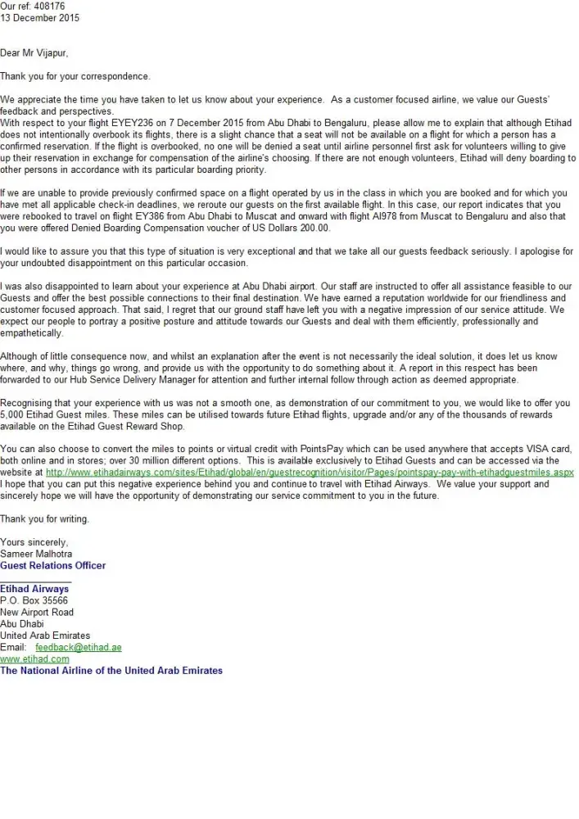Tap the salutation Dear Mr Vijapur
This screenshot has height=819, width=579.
pyautogui.click(x=34, y=53)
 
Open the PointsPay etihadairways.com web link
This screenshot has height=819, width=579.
pyautogui.click(x=310, y=473)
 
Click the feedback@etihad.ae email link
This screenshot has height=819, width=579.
pyautogui.click(x=79, y=647)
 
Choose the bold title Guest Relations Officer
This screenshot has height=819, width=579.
pyautogui.click(x=52, y=565)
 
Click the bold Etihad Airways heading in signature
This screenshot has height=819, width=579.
pyautogui.click(x=34, y=589)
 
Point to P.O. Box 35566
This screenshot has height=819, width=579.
pyautogui.click(x=34, y=600)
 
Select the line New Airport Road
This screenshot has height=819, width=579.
pyautogui.click(x=37, y=612)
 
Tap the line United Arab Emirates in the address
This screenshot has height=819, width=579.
pyautogui.click(x=45, y=636)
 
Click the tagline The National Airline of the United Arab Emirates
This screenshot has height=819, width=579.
pyautogui.click(x=111, y=670)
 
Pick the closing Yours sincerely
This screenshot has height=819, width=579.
pyautogui.click(x=34, y=542)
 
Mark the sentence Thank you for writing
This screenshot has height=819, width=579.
pyautogui.click(x=44, y=519)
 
